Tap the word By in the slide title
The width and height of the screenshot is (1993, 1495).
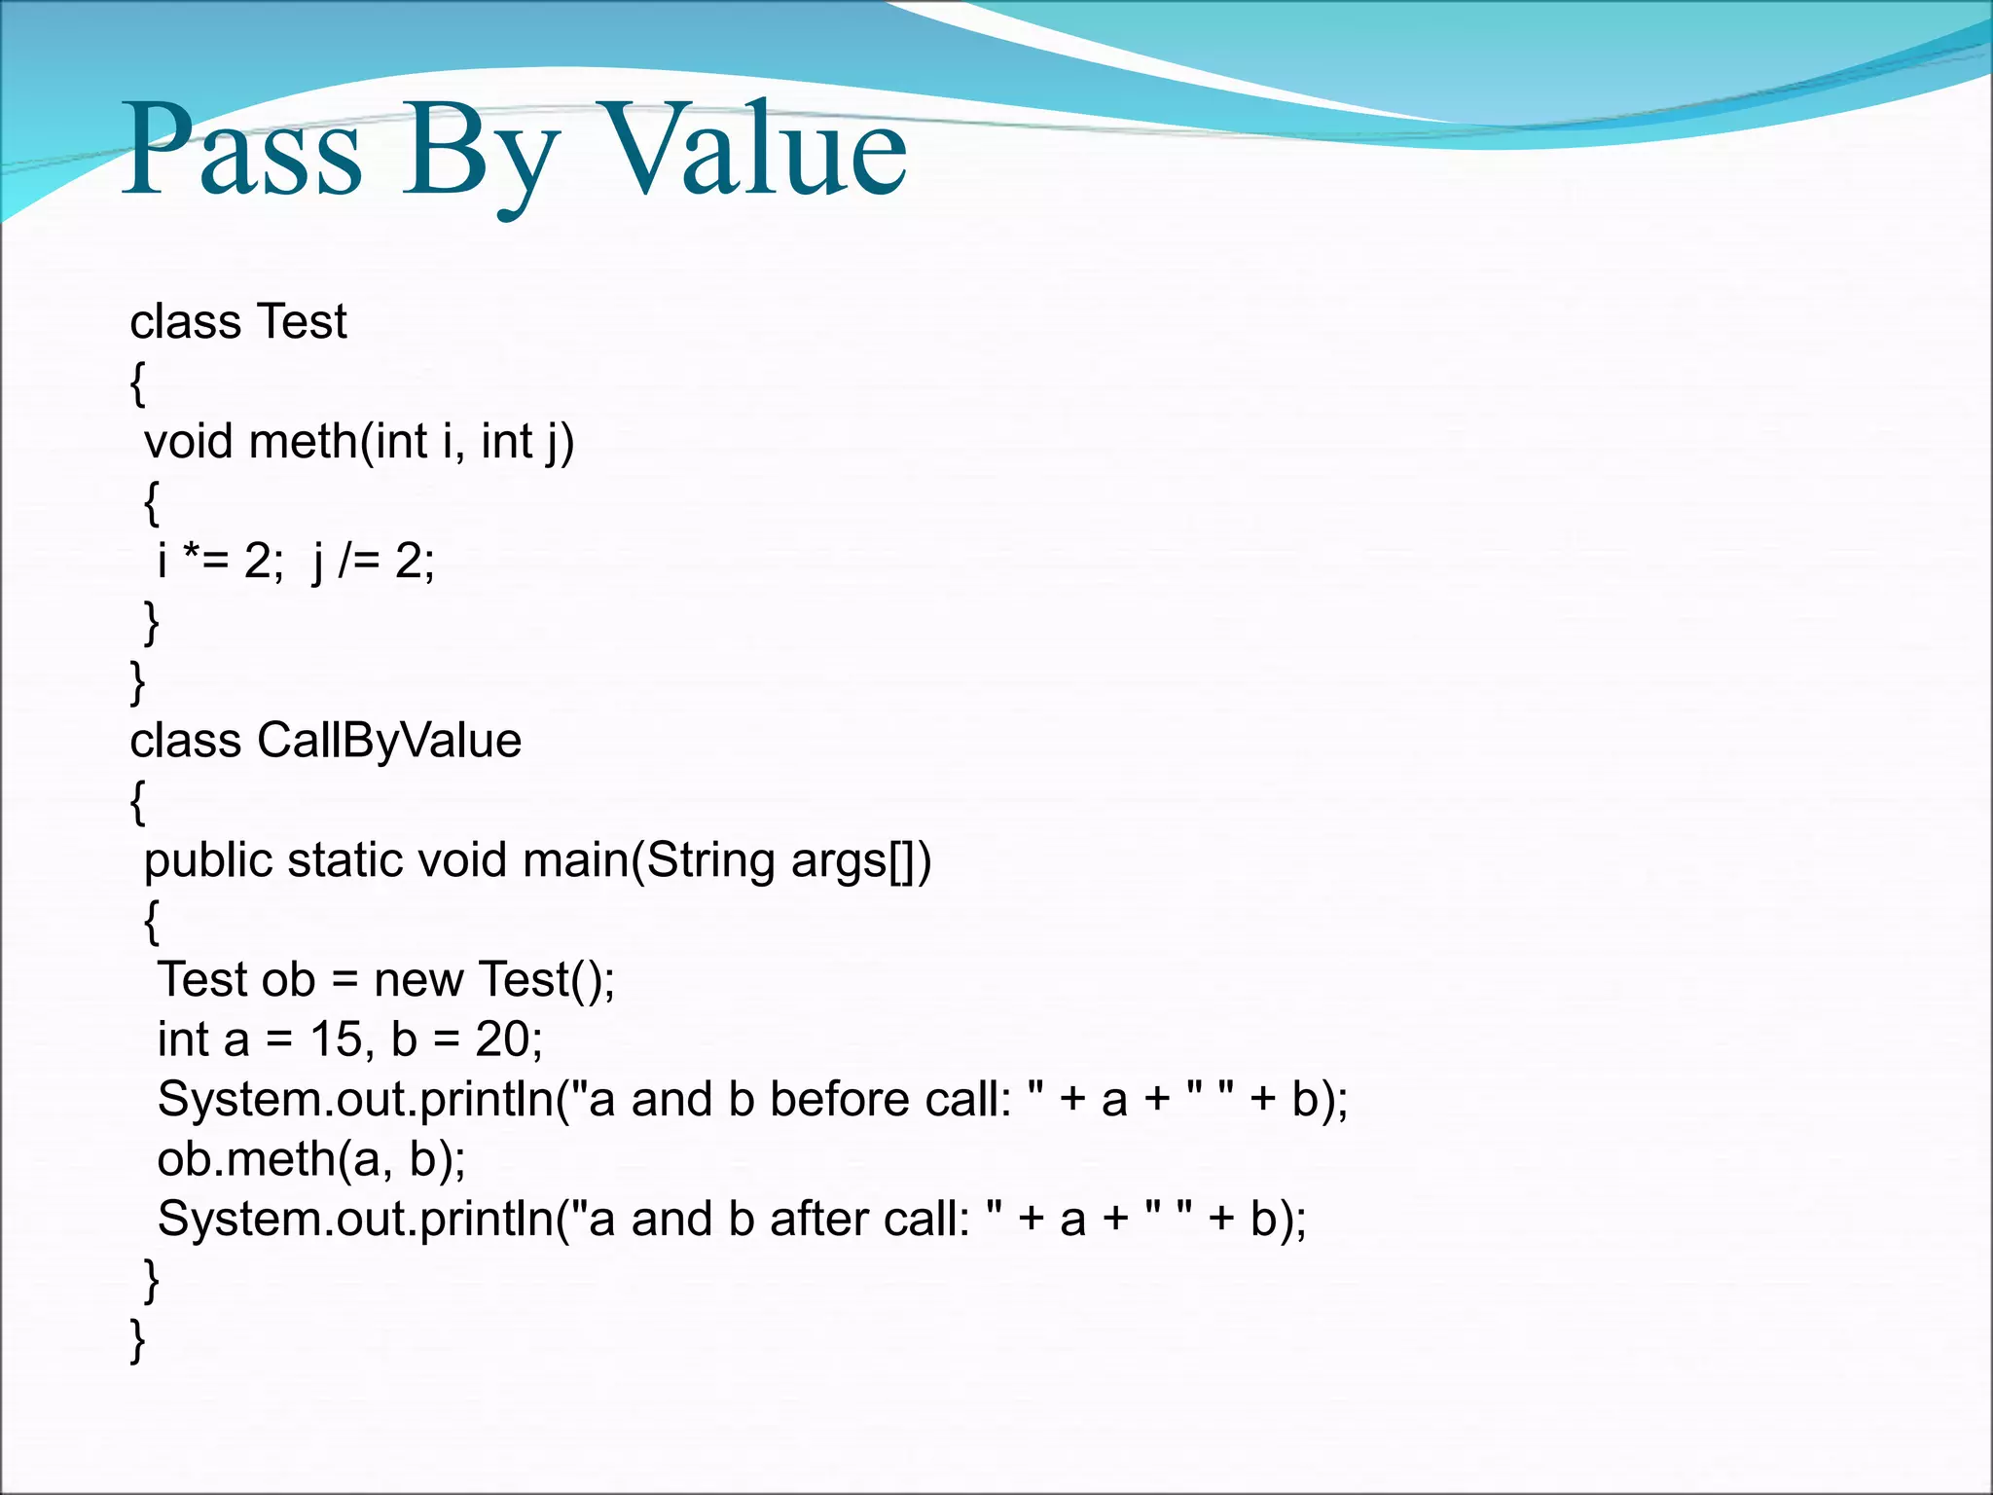click(477, 156)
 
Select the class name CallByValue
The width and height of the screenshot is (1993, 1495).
click(388, 742)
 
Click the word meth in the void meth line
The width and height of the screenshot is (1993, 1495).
click(303, 443)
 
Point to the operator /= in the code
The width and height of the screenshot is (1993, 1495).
click(358, 562)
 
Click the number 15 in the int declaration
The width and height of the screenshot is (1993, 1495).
click(336, 1040)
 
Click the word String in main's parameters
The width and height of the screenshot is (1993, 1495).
click(709, 861)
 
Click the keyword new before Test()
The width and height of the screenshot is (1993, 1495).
click(417, 980)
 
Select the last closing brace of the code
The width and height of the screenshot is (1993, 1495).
click(137, 1340)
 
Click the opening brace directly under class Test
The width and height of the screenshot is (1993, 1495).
click(137, 383)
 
